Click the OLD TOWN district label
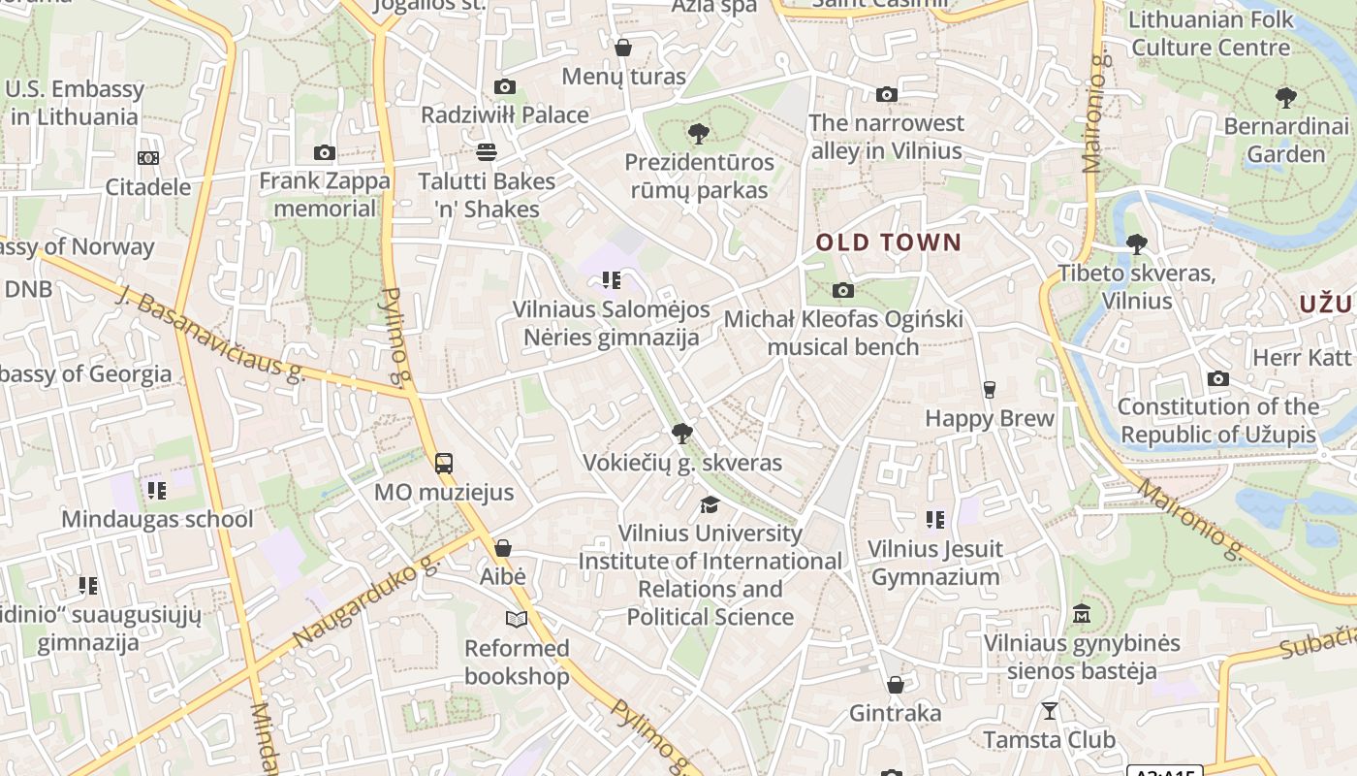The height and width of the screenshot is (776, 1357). (x=888, y=242)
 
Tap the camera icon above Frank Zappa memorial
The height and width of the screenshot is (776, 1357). (x=325, y=152)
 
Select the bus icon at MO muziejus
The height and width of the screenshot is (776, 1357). (x=444, y=463)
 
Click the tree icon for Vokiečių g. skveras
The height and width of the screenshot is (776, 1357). (x=681, y=433)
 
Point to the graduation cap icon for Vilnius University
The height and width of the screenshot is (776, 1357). (x=710, y=504)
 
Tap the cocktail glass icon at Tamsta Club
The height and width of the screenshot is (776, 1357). (x=1049, y=711)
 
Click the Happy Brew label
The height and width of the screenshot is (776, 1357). (x=989, y=418)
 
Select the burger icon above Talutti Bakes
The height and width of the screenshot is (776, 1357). (x=486, y=151)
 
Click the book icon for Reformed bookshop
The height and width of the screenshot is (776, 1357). (x=516, y=619)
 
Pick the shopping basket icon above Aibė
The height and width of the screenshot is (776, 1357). (x=502, y=548)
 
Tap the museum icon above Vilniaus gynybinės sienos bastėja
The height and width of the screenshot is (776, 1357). (x=1082, y=614)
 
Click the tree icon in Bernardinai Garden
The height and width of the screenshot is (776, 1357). (x=1286, y=97)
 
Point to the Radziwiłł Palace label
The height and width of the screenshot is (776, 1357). (x=504, y=114)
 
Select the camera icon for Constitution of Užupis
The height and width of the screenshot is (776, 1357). (x=1217, y=378)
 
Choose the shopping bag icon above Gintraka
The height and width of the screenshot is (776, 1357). (x=895, y=685)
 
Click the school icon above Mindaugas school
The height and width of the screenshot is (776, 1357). (x=156, y=490)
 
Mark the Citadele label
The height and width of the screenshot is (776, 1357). (x=147, y=187)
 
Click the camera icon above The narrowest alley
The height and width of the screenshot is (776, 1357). (x=886, y=94)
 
